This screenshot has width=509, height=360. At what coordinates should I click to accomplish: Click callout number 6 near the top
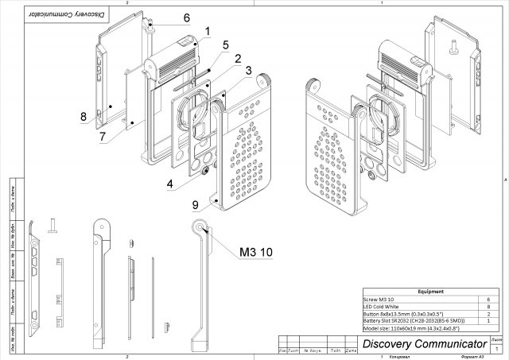186,17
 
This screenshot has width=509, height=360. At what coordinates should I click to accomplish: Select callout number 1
207,32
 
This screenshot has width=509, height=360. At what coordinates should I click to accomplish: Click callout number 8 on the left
84,117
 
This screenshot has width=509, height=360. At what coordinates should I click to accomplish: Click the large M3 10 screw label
256,252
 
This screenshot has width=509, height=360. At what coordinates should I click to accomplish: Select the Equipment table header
430,292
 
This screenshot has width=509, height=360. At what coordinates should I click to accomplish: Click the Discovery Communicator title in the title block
424,343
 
